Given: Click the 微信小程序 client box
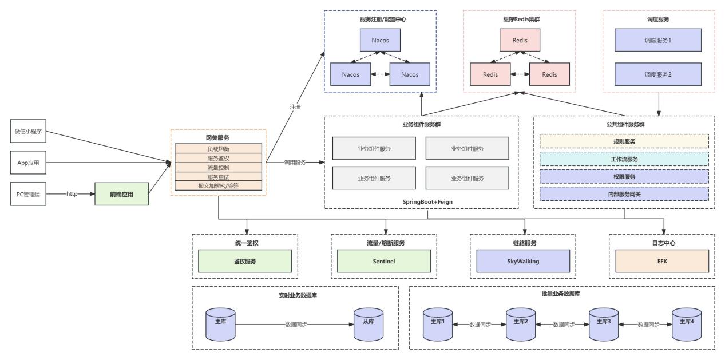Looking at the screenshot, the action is pos(28,131).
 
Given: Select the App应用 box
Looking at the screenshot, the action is pos(28,163).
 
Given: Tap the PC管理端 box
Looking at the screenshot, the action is pos(28,194).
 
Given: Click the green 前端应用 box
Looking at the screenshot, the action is pos(122,194).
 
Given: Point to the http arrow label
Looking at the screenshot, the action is pos(72,194).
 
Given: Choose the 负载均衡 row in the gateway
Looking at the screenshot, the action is pos(218,149).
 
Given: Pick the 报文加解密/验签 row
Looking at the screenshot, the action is pos(218,186).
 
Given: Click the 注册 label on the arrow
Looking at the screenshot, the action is pos(295,107).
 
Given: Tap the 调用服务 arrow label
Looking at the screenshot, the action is pos(295,163).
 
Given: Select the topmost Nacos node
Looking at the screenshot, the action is pos(381,40).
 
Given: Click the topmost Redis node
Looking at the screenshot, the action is pos(520,40).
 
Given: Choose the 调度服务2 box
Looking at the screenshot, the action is pos(658,74).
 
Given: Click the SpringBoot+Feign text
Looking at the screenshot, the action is pos(427,201).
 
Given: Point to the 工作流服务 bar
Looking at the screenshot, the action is pos(624,159).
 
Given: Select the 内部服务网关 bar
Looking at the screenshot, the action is pos(624,194).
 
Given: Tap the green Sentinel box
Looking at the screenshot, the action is pos(384,261).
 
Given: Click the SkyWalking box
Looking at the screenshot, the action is pos(523,261).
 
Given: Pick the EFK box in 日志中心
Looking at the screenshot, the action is pos(662,261).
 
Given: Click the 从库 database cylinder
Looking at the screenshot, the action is pos(369,325).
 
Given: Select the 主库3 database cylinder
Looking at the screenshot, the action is pos(604,325).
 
